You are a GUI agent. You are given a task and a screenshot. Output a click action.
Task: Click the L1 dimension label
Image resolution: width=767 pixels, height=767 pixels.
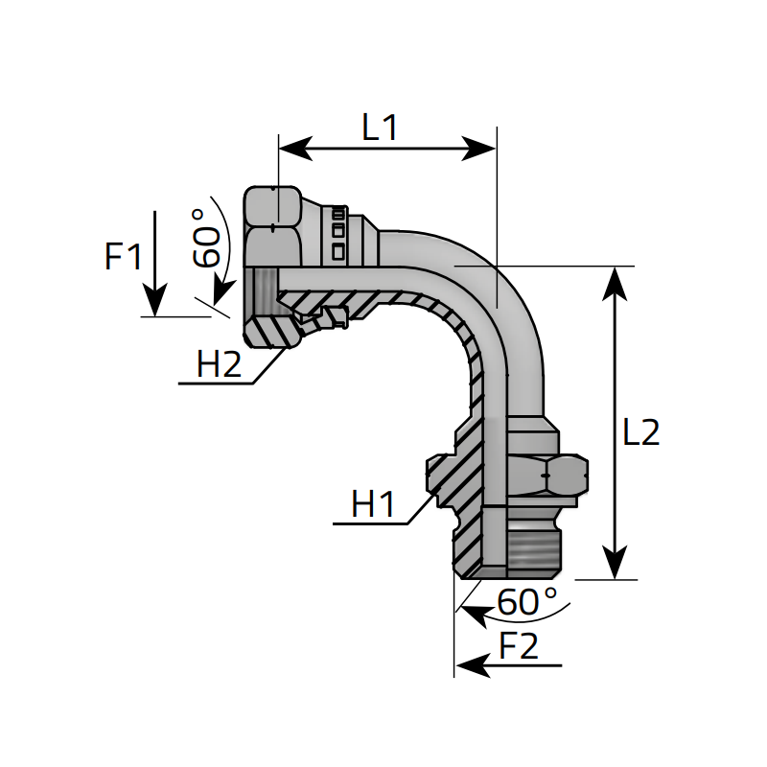click(x=380, y=128)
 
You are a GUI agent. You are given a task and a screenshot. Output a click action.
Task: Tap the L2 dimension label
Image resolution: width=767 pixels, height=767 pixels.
click(x=640, y=432)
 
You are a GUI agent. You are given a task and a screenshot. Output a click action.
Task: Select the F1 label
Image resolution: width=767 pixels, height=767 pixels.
click(x=124, y=256)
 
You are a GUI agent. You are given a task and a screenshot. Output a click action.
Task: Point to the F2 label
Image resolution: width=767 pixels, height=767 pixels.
click(x=519, y=646)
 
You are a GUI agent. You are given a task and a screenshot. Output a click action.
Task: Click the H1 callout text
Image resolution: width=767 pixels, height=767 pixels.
click(x=373, y=504)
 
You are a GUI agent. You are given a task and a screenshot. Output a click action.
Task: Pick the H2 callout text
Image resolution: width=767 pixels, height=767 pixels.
click(x=219, y=364)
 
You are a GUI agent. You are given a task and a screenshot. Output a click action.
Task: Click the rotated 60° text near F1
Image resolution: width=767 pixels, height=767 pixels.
click(x=205, y=238)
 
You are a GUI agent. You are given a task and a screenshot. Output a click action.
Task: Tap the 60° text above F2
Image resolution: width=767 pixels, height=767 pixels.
click(x=527, y=601)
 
